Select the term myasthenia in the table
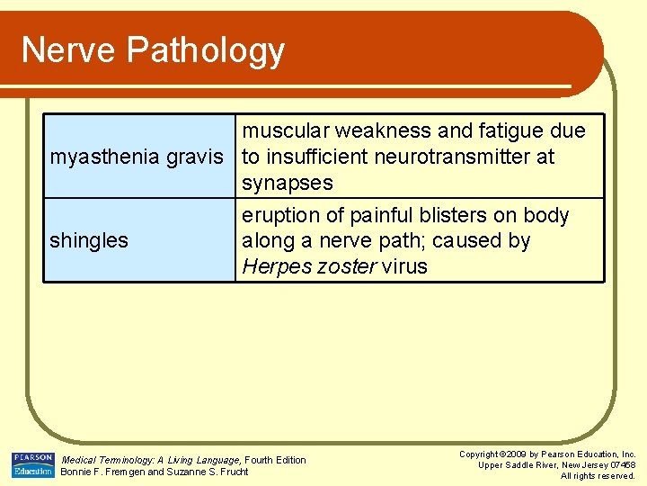pos(106,157)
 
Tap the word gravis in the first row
pos(196,157)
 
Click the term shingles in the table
pos(89,241)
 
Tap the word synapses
pos(288,184)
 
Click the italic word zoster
pos(347,267)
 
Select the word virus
pos(405,267)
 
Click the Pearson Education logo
pos(32,464)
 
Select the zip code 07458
pos(620,465)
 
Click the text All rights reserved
pos(598,476)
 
